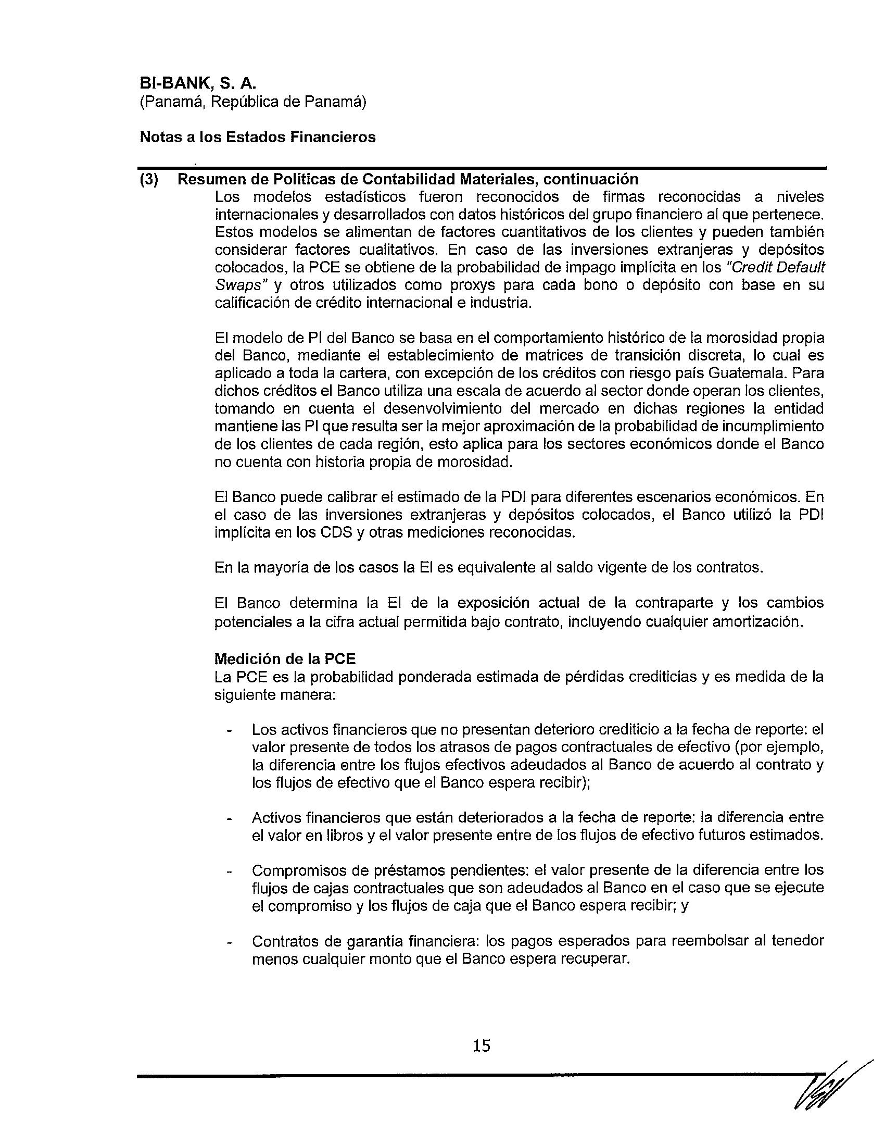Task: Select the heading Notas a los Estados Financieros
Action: click(257, 137)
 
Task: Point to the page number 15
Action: click(482, 1046)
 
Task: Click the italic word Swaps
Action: click(238, 285)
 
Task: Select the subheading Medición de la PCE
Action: click(285, 659)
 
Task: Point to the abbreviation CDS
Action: click(334, 532)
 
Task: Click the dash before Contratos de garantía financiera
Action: click(229, 942)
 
